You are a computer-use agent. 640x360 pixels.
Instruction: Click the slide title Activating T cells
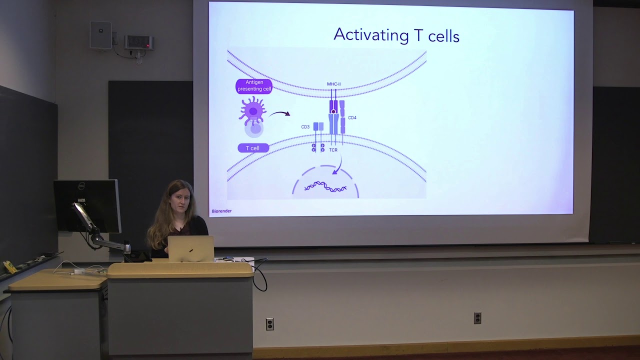396,35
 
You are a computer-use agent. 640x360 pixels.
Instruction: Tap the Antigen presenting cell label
254,86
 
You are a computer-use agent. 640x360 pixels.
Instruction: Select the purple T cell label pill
253,148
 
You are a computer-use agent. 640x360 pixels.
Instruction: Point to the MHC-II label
333,84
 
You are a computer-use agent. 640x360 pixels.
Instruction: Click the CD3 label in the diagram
305,127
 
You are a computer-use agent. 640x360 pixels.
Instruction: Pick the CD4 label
352,118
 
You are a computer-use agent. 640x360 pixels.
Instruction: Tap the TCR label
333,150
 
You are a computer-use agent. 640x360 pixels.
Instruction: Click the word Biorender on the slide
221,211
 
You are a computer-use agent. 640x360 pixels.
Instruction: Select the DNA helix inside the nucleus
325,187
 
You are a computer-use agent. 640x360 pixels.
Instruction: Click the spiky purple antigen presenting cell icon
252,110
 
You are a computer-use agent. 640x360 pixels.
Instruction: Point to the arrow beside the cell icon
280,114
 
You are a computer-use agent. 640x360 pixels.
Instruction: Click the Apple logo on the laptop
190,249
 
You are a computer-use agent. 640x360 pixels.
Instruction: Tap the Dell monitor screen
86,205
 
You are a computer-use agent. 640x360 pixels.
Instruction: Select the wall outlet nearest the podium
269,324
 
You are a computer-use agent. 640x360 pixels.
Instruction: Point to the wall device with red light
138,42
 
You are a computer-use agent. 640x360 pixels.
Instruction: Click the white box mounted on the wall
100,35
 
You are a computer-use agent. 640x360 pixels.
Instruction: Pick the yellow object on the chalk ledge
10,266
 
